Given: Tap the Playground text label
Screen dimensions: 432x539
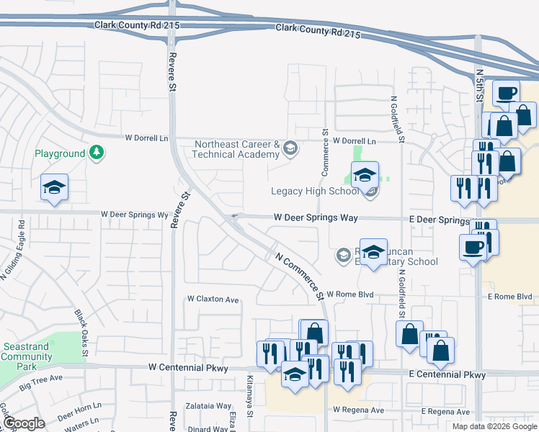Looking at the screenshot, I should [x=60, y=154].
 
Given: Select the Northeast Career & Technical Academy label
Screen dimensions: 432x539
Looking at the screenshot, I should [x=236, y=150].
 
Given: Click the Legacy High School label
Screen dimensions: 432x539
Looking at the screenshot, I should [x=314, y=192].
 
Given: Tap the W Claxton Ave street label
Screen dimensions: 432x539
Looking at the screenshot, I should [x=213, y=299].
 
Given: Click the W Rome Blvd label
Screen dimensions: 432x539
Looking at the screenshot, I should [x=350, y=294].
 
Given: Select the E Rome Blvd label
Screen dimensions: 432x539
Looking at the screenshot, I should [x=509, y=297].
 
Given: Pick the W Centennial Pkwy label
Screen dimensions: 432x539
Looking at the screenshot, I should [x=188, y=368].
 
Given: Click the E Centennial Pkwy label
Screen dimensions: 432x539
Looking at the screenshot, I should [x=447, y=374].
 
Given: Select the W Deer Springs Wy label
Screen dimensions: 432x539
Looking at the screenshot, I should [x=134, y=215].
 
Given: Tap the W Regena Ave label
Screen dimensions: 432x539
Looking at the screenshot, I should [x=358, y=410].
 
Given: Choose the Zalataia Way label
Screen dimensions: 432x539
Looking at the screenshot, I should [x=209, y=406].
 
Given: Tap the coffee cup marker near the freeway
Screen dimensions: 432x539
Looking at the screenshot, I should [x=506, y=92].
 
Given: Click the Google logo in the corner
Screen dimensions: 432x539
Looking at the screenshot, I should [x=24, y=423].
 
